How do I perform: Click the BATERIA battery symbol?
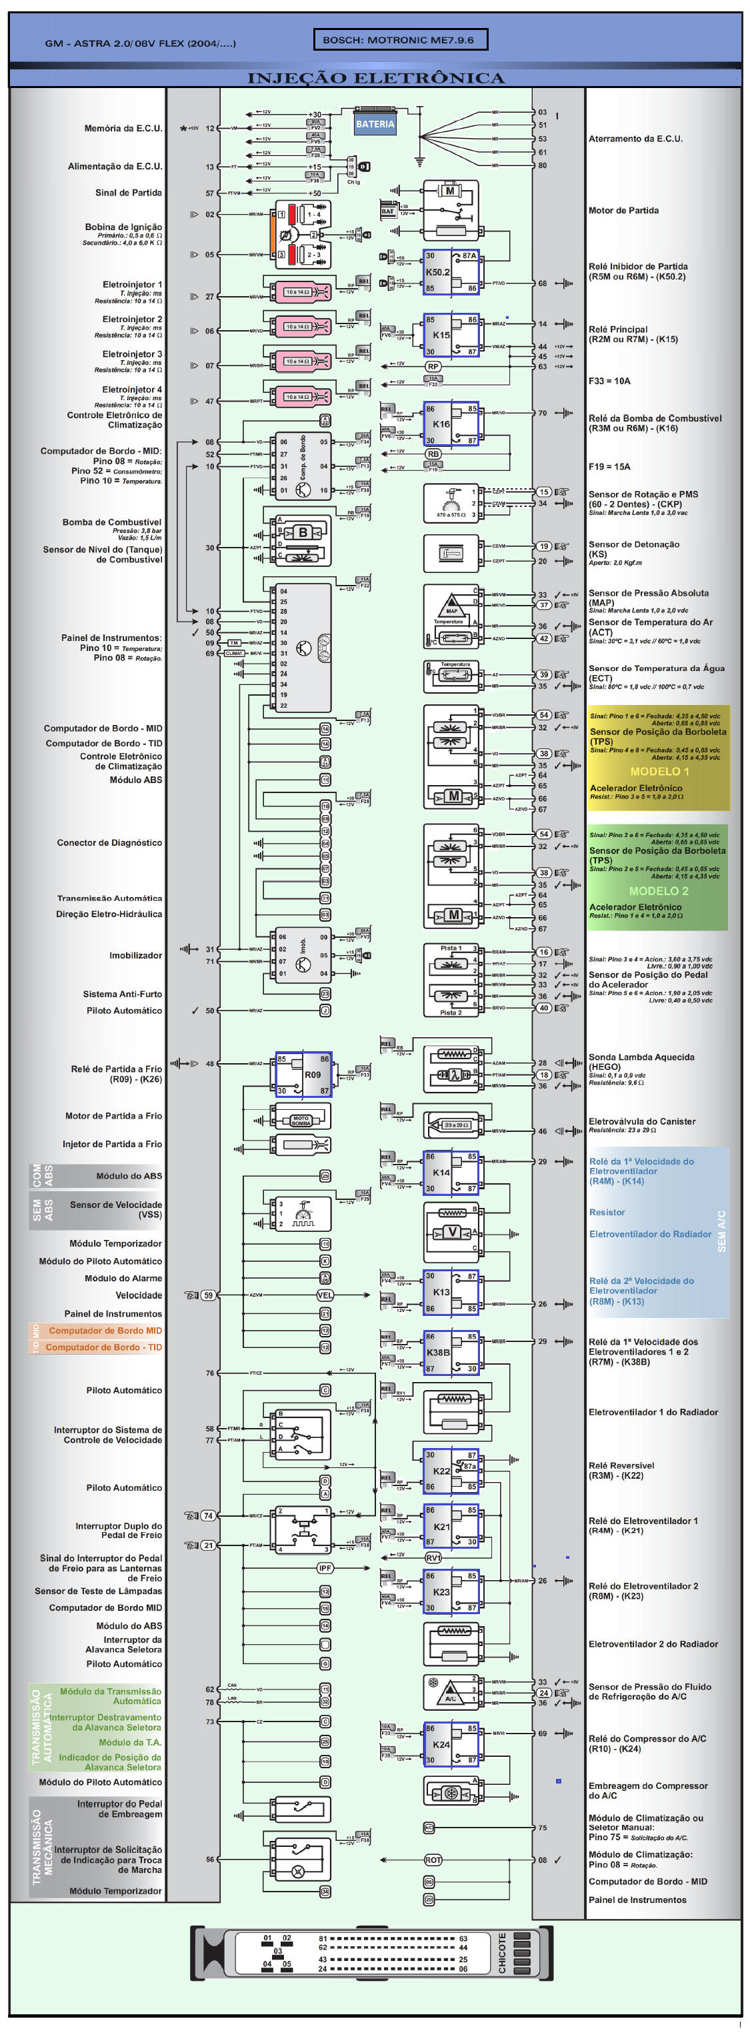click(x=375, y=123)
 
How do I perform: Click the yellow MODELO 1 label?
click(x=659, y=771)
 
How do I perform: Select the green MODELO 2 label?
click(x=658, y=890)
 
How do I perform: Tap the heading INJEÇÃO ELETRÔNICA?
click(x=376, y=78)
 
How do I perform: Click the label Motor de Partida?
click(x=623, y=210)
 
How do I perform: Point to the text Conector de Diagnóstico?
click(x=109, y=842)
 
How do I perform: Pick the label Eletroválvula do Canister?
click(x=641, y=1121)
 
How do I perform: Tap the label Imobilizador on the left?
click(x=135, y=955)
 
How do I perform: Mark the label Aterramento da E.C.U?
click(x=635, y=139)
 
